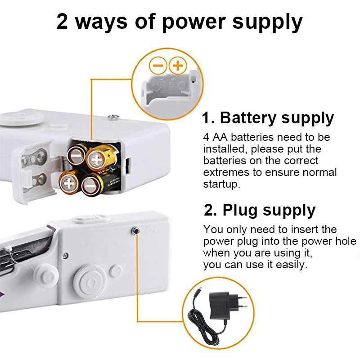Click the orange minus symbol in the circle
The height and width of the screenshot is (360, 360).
coord(158,66)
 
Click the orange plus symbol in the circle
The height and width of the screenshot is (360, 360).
coord(178,66)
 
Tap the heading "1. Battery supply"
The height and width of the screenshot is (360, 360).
coord(268,118)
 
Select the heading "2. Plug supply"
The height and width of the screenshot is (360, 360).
coord(260,210)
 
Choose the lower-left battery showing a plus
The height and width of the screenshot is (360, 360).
coord(69,183)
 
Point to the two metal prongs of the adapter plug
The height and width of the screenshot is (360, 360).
coord(242,302)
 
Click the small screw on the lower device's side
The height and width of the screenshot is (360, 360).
coord(65,255)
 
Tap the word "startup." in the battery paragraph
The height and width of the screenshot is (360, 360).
coord(222,184)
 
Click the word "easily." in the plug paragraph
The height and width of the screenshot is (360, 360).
coord(292,265)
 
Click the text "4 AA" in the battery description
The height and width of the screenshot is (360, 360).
coord(215,137)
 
